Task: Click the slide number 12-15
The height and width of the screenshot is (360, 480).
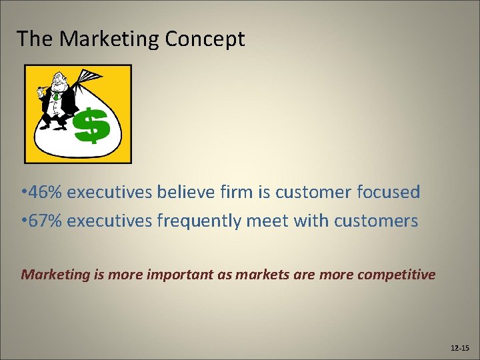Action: pos(459,347)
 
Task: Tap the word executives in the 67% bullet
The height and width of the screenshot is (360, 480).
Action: pos(110,221)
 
